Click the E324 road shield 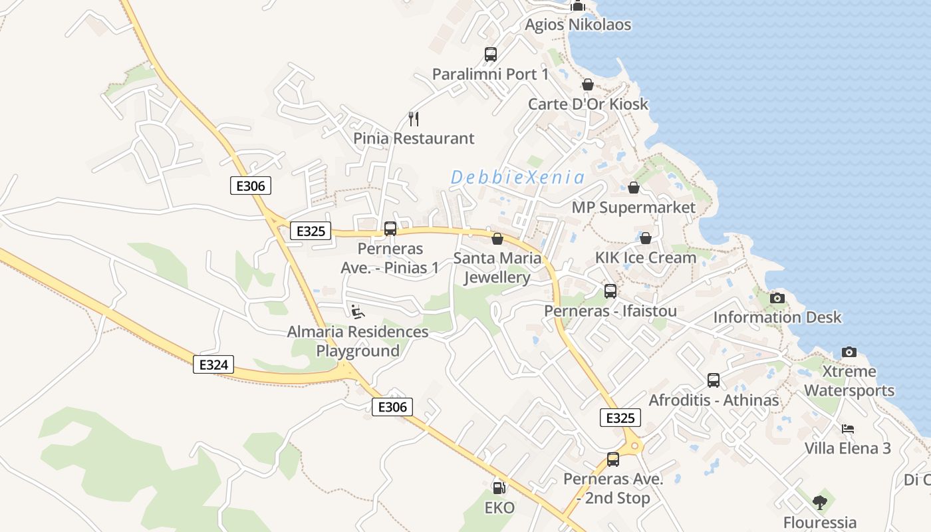[x=213, y=364]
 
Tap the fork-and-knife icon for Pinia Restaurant [x=414, y=119]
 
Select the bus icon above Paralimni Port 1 [x=490, y=55]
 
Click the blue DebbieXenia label [x=517, y=178]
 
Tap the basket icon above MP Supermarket [x=634, y=188]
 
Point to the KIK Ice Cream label [x=645, y=257]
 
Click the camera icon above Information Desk [x=777, y=298]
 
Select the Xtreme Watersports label [x=849, y=380]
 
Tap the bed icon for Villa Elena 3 [x=847, y=429]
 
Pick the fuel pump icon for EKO [x=499, y=488]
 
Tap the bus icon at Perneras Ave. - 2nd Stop [x=612, y=459]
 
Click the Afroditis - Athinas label [x=714, y=400]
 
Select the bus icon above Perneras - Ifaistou [x=610, y=291]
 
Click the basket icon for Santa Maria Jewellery [x=497, y=239]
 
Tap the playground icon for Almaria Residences [x=357, y=311]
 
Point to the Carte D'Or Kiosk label [x=588, y=104]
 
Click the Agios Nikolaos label [x=578, y=25]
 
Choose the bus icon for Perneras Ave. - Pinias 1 [x=390, y=229]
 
